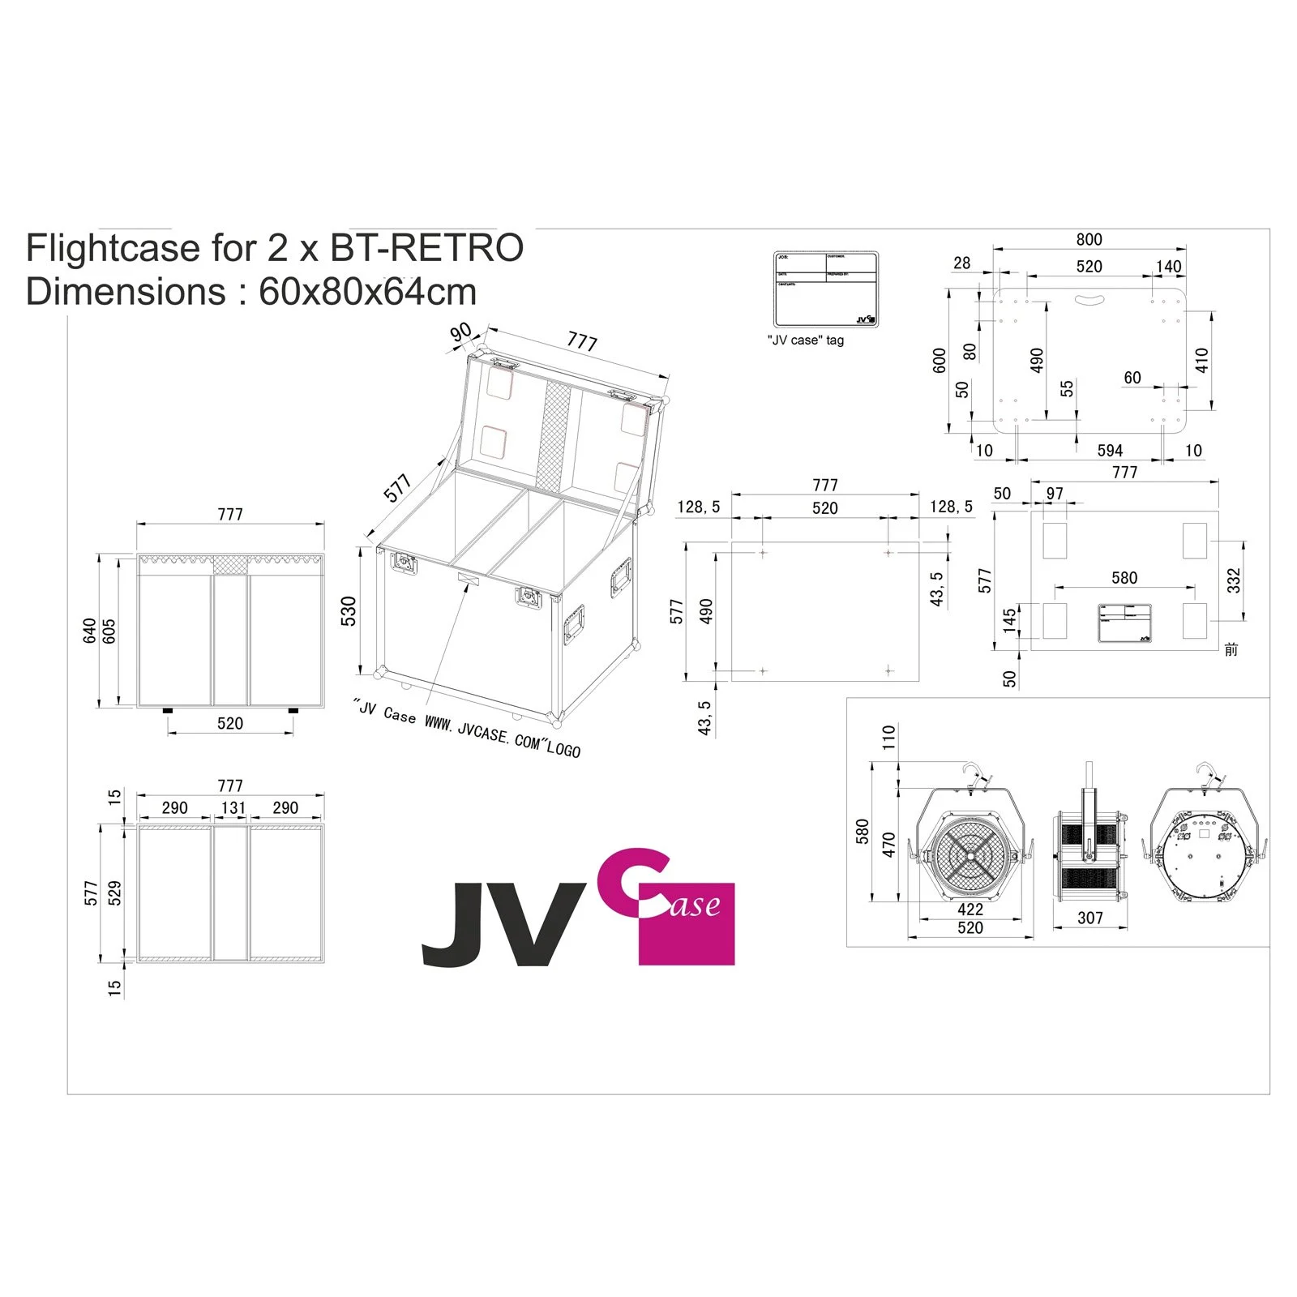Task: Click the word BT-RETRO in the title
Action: [x=426, y=248]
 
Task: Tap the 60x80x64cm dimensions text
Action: [x=367, y=292]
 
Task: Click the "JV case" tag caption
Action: [x=805, y=340]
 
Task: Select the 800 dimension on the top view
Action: [x=1089, y=239]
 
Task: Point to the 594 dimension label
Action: [x=1110, y=450]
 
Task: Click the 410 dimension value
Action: [x=1201, y=360]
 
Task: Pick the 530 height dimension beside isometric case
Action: [x=349, y=611]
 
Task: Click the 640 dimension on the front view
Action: [x=90, y=631]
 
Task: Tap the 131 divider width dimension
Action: [x=233, y=807]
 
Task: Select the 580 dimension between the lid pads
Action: [x=1124, y=577]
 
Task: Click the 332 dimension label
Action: [x=1233, y=580]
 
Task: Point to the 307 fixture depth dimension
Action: [x=1089, y=918]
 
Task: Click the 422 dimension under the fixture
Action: [x=970, y=910]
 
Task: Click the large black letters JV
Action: [x=503, y=924]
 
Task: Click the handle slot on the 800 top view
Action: [x=1089, y=300]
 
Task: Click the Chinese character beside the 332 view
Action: [x=1231, y=649]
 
